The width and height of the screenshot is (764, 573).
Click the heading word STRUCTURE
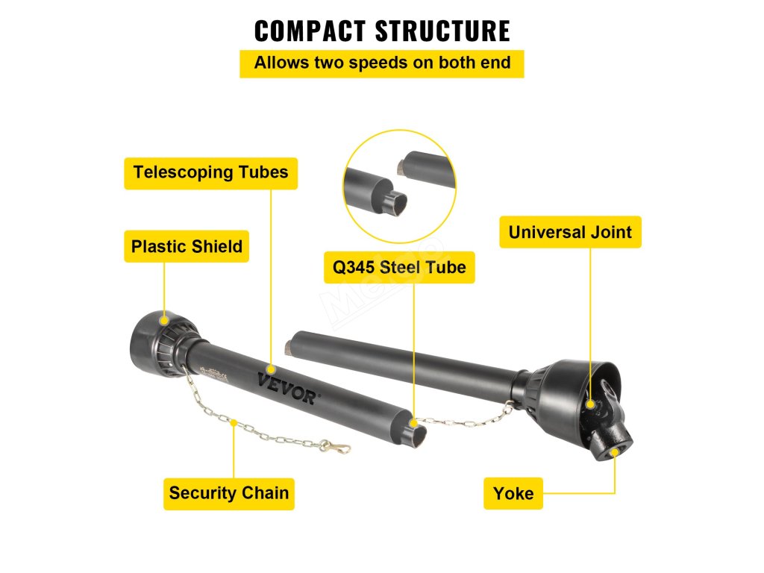[442, 31]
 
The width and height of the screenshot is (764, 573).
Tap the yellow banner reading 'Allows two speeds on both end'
[382, 63]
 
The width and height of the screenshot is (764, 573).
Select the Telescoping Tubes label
[210, 172]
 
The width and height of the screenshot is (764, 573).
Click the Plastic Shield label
[187, 247]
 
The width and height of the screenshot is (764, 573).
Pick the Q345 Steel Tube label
[399, 267]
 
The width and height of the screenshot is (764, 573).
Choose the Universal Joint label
[570, 232]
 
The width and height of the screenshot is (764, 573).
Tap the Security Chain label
[229, 493]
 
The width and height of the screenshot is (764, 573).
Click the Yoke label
[513, 493]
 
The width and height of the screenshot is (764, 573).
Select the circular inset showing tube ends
[399, 186]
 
